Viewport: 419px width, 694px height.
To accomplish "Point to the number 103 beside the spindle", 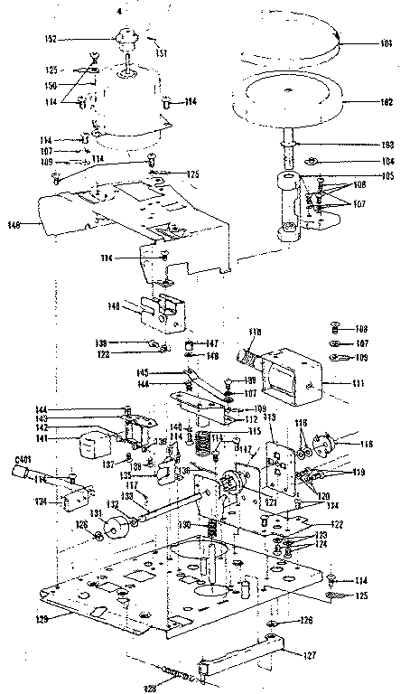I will point(386,144).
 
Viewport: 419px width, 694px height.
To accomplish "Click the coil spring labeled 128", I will point(181,675).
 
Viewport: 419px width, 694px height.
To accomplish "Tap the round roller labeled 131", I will point(116,527).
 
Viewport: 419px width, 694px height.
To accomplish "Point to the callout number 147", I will point(212,343).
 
